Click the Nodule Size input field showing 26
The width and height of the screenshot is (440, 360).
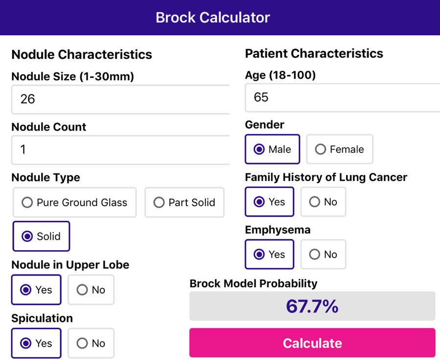pos(120,99)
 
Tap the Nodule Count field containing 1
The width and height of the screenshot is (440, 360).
pos(120,149)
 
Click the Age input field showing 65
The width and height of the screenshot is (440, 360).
pos(342,97)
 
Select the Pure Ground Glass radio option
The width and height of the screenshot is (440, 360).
pos(75,202)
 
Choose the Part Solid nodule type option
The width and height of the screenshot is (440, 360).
pos(184,202)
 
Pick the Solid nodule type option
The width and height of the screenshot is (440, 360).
pos(42,236)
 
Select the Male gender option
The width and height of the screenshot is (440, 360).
pos(273,149)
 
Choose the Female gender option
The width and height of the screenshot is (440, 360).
pos(340,149)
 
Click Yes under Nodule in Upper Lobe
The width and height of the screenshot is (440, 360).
pos(36,290)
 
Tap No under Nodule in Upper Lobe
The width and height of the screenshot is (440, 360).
pos(91,290)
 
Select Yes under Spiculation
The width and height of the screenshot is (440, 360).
pos(36,343)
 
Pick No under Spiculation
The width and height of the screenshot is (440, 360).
pos(91,343)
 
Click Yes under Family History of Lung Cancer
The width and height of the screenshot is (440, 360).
pos(269,202)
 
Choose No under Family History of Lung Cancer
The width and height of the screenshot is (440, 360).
pos(323,202)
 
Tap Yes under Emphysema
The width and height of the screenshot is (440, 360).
pos(269,254)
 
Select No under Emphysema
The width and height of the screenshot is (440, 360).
pos(323,254)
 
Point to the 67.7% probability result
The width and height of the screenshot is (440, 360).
pos(312,306)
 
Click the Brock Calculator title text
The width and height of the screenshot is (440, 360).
pos(213,18)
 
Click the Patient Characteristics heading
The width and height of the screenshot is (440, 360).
pos(314,53)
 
